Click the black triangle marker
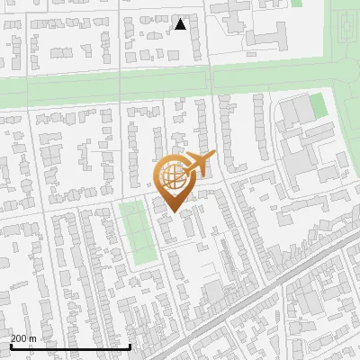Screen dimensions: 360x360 (x=181, y=24)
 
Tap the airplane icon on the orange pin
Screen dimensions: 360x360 (x=200, y=165)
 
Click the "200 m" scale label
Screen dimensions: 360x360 (x=23, y=338)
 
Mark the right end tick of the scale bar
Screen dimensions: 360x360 (x=130, y=346)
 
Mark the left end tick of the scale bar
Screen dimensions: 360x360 (x=10, y=346)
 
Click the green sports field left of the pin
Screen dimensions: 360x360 (x=137, y=233)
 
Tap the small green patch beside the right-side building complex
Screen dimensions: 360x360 (x=318, y=107)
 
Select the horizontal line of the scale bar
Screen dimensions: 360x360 (x=70, y=346)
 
